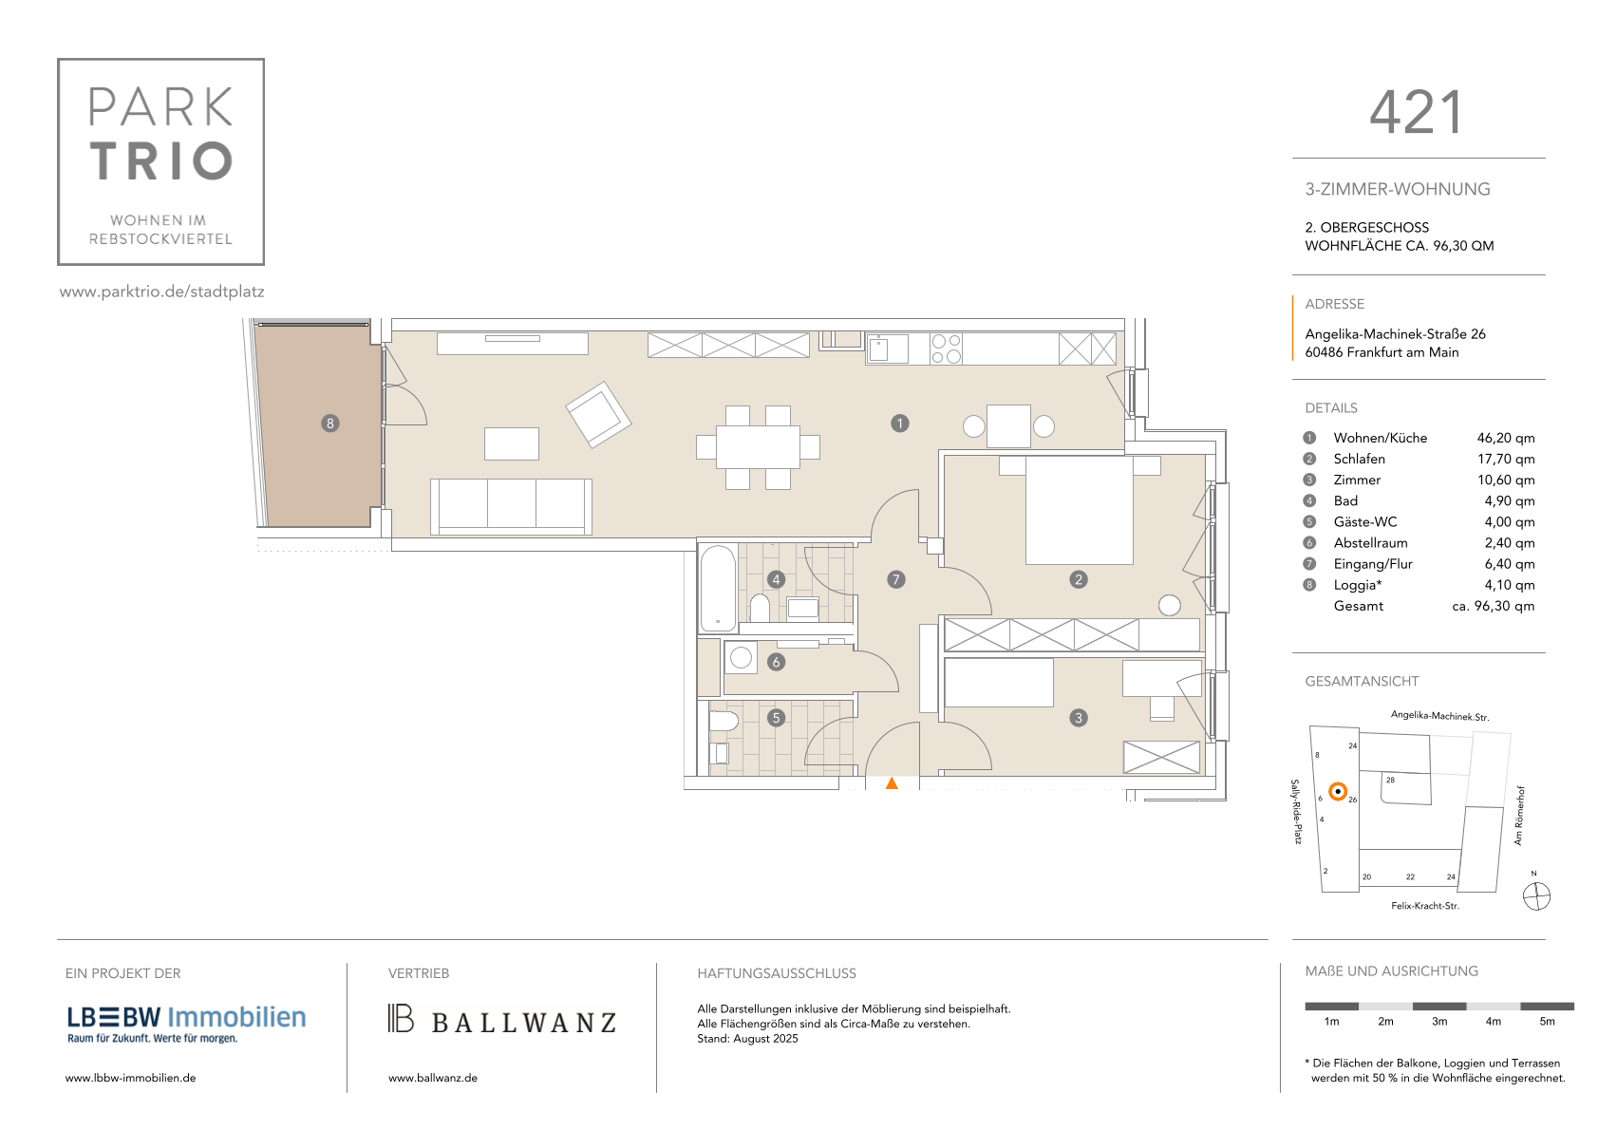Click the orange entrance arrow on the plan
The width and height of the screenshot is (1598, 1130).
(x=892, y=783)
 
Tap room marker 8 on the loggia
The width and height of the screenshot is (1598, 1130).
(x=329, y=424)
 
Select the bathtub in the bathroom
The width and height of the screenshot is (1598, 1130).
(x=718, y=588)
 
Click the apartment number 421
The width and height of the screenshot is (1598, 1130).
(x=1417, y=113)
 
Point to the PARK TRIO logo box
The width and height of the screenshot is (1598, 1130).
(x=160, y=162)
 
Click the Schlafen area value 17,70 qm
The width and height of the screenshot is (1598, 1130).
(x=1505, y=459)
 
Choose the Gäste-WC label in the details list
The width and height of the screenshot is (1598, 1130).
(x=1365, y=521)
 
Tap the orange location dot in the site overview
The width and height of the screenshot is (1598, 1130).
(x=1339, y=791)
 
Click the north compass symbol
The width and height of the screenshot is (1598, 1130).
(x=1536, y=896)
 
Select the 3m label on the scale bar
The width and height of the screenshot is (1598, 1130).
(x=1439, y=1022)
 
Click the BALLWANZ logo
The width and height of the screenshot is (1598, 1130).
(x=502, y=1020)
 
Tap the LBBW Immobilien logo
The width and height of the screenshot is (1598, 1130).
(x=186, y=1024)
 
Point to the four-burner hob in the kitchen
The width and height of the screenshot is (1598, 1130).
(x=946, y=348)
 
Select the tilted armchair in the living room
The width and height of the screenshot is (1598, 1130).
(x=598, y=414)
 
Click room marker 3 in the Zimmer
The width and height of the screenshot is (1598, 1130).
(x=1078, y=718)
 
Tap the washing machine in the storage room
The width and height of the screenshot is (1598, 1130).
(x=742, y=658)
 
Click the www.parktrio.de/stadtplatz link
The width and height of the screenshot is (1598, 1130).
(x=162, y=292)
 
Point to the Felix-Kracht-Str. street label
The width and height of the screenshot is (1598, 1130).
(x=1425, y=906)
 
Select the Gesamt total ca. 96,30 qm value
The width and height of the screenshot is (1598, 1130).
(x=1494, y=606)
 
